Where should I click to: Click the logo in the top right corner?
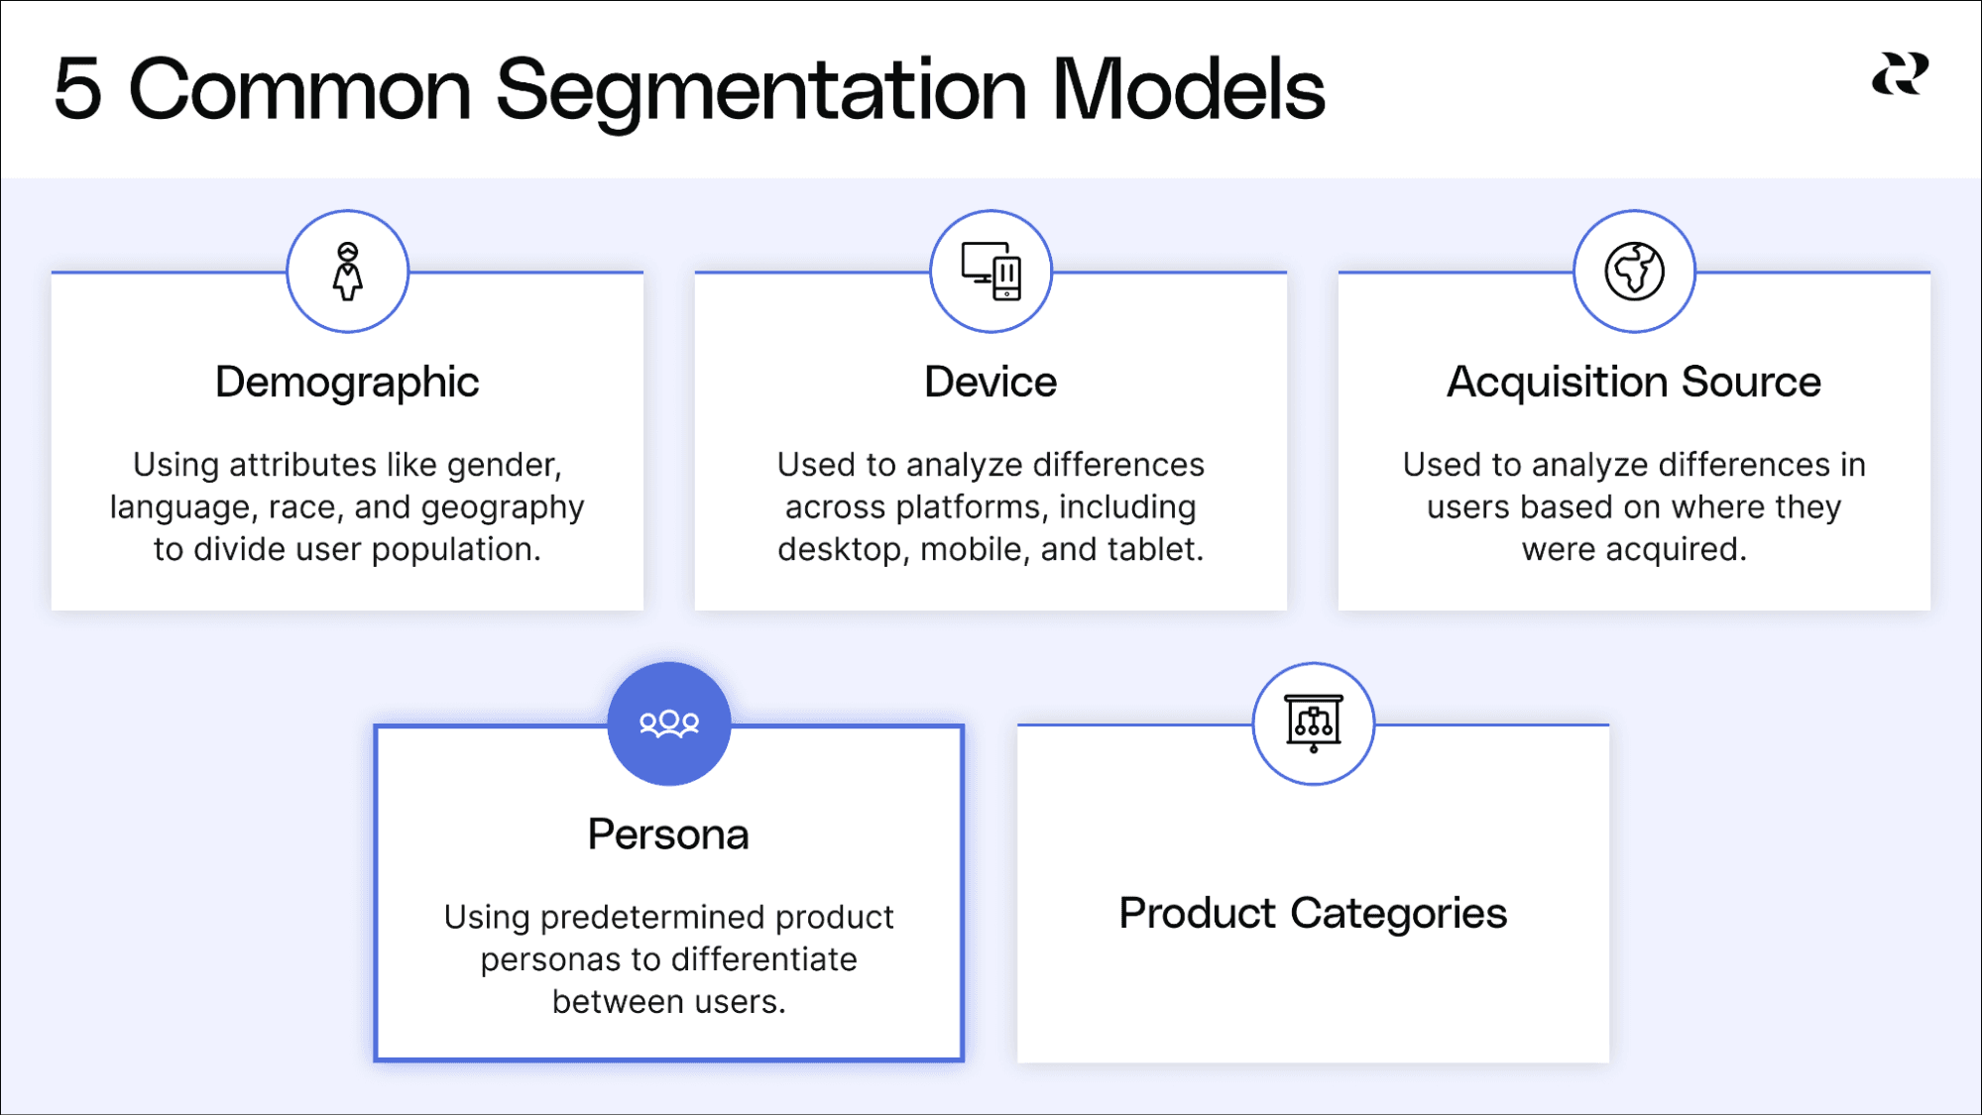pyautogui.click(x=1900, y=74)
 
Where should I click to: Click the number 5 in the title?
pyautogui.click(x=77, y=89)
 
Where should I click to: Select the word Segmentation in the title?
pyautogui.click(x=760, y=91)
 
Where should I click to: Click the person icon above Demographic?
pyautogui.click(x=347, y=271)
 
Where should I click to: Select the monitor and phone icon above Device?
pyautogui.click(x=991, y=271)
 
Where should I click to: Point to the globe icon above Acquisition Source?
pyautogui.click(x=1634, y=271)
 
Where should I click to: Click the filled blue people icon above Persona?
pyautogui.click(x=669, y=724)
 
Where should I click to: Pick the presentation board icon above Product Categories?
pyautogui.click(x=1313, y=724)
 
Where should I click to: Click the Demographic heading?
pyautogui.click(x=347, y=383)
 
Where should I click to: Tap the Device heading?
pyautogui.click(x=991, y=383)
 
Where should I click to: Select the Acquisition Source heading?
pyautogui.click(x=1633, y=383)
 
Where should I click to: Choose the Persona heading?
pyautogui.click(x=668, y=835)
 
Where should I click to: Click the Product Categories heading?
pyautogui.click(x=1313, y=914)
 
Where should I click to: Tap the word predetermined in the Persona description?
pyautogui.click(x=652, y=918)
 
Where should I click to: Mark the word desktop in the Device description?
pyautogui.click(x=843, y=549)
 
